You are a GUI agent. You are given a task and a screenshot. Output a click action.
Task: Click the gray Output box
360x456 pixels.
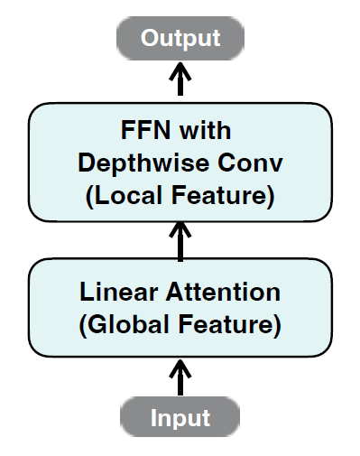[x=180, y=38]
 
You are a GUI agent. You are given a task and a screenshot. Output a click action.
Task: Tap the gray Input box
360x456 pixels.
[x=180, y=417]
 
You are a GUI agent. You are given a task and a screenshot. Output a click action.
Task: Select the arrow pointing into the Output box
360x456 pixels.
[x=180, y=79]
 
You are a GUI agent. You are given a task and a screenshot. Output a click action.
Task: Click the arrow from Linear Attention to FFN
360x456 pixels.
[x=180, y=242]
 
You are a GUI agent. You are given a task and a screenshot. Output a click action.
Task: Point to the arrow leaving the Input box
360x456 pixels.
[x=180, y=377]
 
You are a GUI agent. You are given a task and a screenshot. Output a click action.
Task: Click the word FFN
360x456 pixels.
[x=145, y=130]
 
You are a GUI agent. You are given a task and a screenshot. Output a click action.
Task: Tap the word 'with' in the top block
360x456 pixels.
[x=205, y=130]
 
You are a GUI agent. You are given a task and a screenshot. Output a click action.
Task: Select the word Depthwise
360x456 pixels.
[x=143, y=164]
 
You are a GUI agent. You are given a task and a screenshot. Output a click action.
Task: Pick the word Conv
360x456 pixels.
[x=250, y=163]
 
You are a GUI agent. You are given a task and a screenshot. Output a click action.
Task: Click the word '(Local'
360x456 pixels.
[x=124, y=196]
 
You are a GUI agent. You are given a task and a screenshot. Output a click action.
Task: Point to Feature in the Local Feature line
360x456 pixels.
[x=223, y=196]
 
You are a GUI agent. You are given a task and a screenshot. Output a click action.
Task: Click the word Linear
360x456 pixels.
[x=119, y=292]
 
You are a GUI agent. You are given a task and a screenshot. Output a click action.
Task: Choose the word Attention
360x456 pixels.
[x=223, y=292]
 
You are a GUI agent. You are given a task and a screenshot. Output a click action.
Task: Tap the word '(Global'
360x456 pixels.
[x=124, y=325]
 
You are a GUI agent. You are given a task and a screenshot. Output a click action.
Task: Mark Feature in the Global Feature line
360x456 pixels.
[x=230, y=325]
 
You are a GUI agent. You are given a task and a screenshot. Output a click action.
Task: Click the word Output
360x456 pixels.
[x=180, y=38]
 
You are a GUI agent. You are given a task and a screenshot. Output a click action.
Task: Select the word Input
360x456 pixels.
[x=180, y=418]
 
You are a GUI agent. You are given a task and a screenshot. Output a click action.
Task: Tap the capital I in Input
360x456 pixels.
[x=153, y=417]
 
